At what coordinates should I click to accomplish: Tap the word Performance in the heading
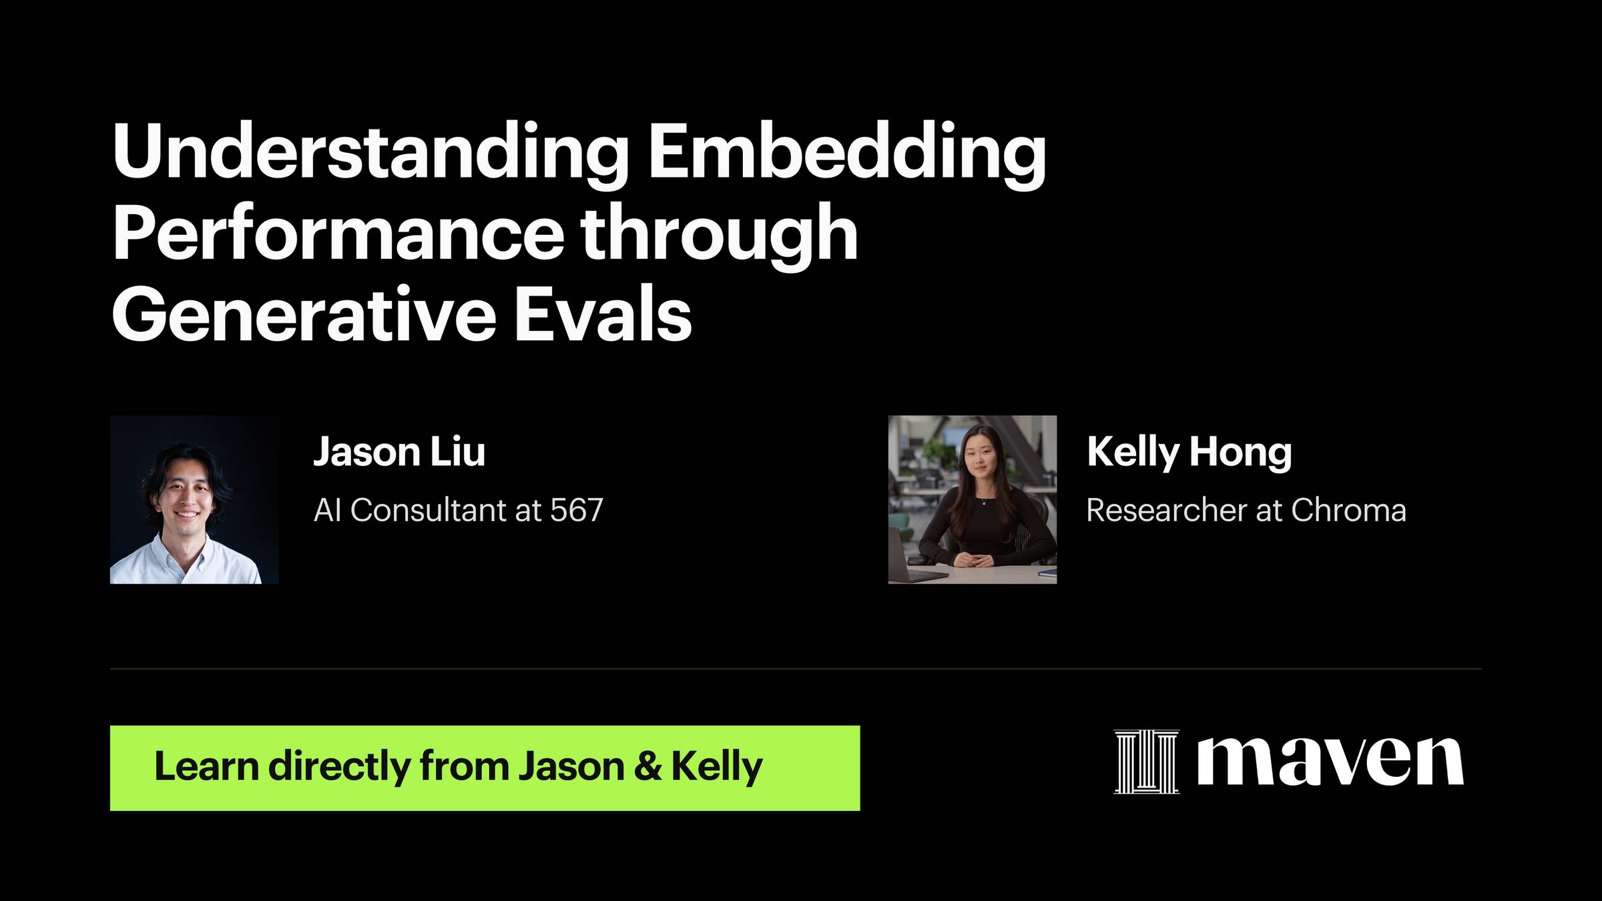coord(339,233)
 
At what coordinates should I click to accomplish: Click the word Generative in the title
coord(304,314)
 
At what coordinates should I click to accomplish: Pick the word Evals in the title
coord(603,314)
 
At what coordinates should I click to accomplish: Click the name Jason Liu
coord(399,452)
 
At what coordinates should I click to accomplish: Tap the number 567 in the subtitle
coord(577,511)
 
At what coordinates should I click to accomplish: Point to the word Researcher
coord(1166,511)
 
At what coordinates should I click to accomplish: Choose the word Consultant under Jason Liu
coord(428,511)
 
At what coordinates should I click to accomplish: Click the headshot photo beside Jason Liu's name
coord(194,500)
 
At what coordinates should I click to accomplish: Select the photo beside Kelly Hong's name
coord(973,500)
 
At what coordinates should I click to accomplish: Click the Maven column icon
coord(1147,762)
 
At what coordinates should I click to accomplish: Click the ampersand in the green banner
coord(647,766)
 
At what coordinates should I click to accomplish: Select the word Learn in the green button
coord(206,766)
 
